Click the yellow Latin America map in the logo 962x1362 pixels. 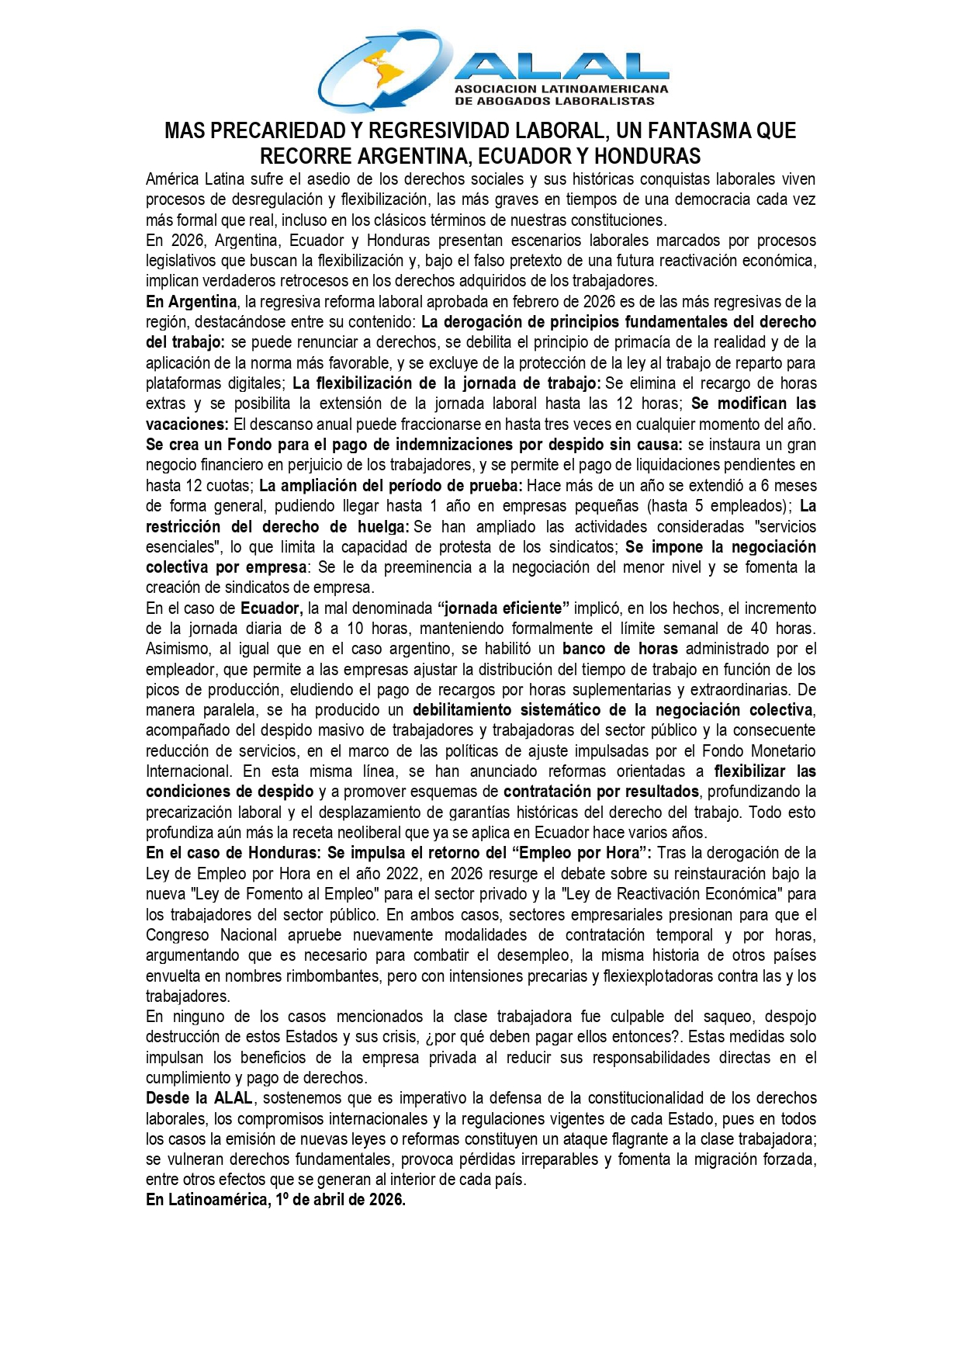click(x=379, y=71)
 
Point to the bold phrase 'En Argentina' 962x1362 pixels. click(x=191, y=301)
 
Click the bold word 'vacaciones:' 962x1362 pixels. click(x=187, y=424)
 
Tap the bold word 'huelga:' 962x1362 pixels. click(x=383, y=526)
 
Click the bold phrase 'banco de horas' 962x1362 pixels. click(x=620, y=648)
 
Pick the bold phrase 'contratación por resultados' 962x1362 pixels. click(x=601, y=792)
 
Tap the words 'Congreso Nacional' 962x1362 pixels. click(x=211, y=934)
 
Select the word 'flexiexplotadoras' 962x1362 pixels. click(x=679, y=976)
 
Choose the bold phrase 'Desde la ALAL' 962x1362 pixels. click(x=199, y=1098)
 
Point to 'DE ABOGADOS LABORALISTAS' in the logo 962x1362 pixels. click(x=555, y=101)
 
